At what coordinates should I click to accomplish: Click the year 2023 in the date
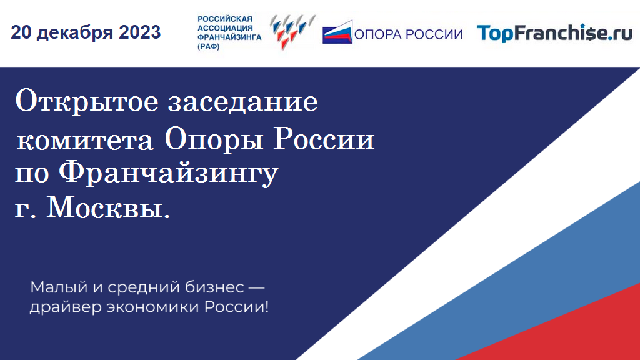point(139,32)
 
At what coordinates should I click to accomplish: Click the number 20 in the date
point(21,32)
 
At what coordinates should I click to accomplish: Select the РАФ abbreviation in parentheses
point(209,46)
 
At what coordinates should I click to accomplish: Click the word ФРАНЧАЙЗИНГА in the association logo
point(229,37)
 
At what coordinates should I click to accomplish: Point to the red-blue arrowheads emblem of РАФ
point(292,32)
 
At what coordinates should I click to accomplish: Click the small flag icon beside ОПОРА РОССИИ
point(337,32)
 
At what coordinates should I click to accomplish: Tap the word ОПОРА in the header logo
point(378,34)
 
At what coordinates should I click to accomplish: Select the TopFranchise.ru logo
point(555,33)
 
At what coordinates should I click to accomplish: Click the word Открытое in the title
point(86,101)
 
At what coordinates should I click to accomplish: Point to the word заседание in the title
point(243,102)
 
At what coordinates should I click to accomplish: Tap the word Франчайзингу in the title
point(169,174)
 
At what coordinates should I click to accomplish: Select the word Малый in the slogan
point(59,287)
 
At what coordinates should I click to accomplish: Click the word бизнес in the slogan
point(215,287)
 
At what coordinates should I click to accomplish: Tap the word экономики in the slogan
point(153,307)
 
